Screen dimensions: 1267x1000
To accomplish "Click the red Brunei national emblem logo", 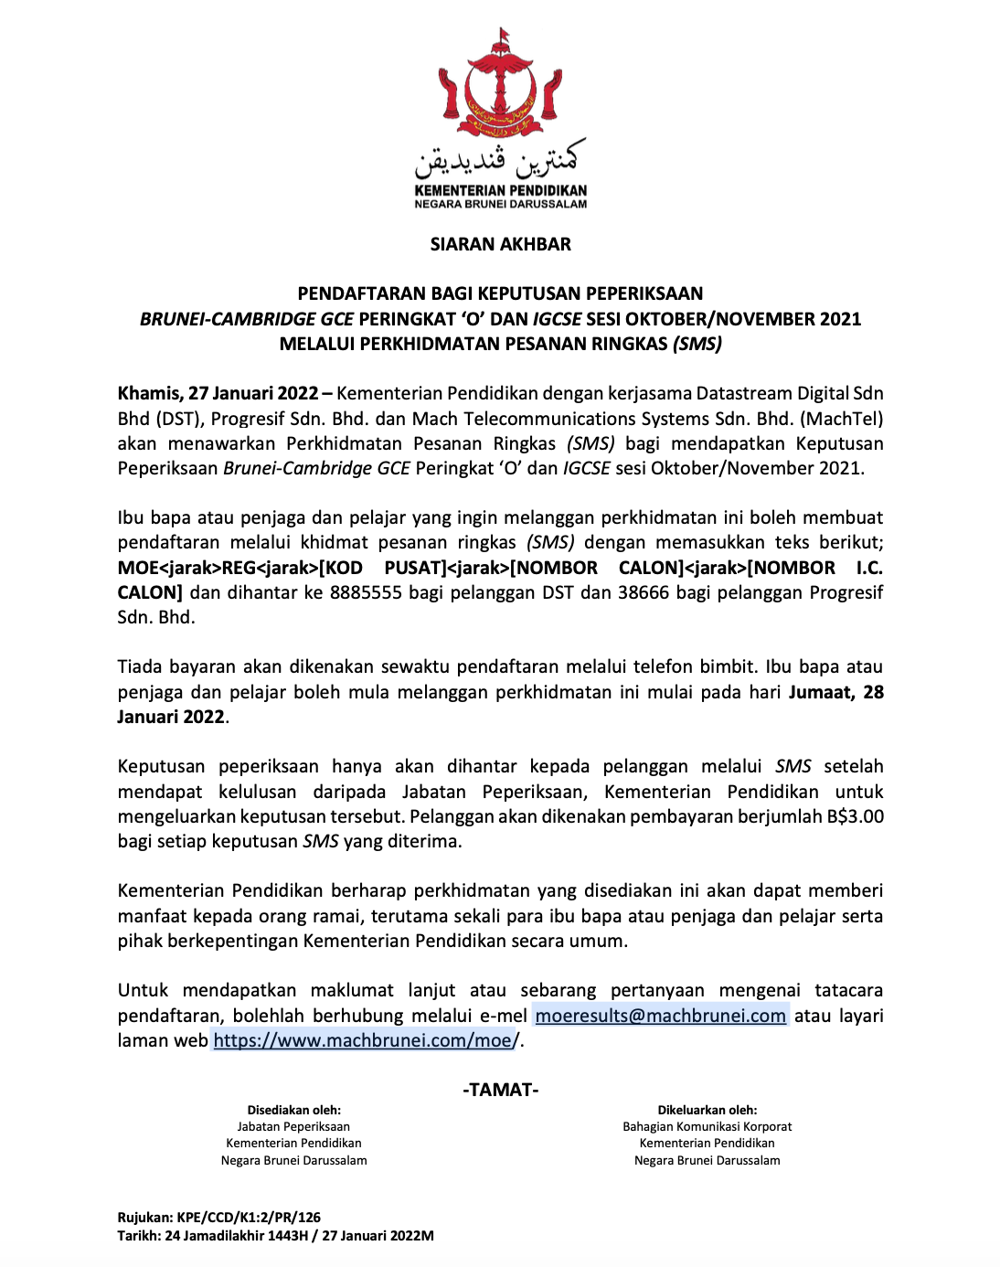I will tap(500, 87).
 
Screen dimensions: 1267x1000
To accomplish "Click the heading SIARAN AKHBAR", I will tap(500, 244).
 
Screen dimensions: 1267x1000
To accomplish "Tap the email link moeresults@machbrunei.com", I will tap(660, 1016).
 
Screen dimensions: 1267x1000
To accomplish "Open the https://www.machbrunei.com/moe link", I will tap(363, 1040).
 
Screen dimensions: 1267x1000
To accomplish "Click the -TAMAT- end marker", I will tap(500, 1090).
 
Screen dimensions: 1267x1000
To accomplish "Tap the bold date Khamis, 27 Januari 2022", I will tap(218, 394).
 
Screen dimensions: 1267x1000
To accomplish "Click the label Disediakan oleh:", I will tap(293, 1110).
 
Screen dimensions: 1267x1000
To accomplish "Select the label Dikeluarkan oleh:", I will tap(707, 1110).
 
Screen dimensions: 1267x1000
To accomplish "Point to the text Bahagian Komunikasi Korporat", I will tap(707, 1126).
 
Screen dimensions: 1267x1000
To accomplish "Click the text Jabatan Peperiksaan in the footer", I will tap(293, 1126).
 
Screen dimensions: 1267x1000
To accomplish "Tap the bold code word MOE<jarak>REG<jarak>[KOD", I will tap(239, 568).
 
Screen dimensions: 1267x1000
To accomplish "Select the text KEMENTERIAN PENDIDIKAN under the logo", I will tap(500, 191).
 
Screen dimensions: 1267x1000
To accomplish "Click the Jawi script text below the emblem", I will tap(500, 162).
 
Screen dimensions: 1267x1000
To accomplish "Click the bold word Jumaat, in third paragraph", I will tap(822, 692).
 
